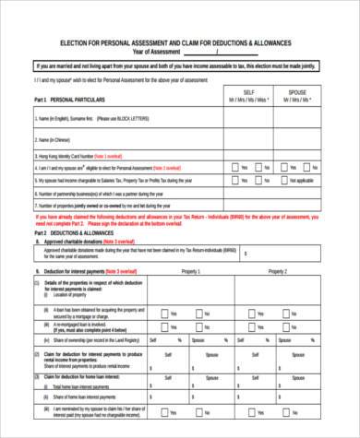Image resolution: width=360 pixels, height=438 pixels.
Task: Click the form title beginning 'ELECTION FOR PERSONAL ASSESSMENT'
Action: point(175,43)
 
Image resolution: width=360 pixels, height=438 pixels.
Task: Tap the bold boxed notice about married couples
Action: point(180,67)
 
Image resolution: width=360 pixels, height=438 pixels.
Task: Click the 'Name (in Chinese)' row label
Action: point(54,139)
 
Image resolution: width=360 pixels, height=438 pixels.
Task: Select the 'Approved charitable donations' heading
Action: point(83,243)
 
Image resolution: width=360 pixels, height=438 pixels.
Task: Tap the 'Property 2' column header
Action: point(277,272)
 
